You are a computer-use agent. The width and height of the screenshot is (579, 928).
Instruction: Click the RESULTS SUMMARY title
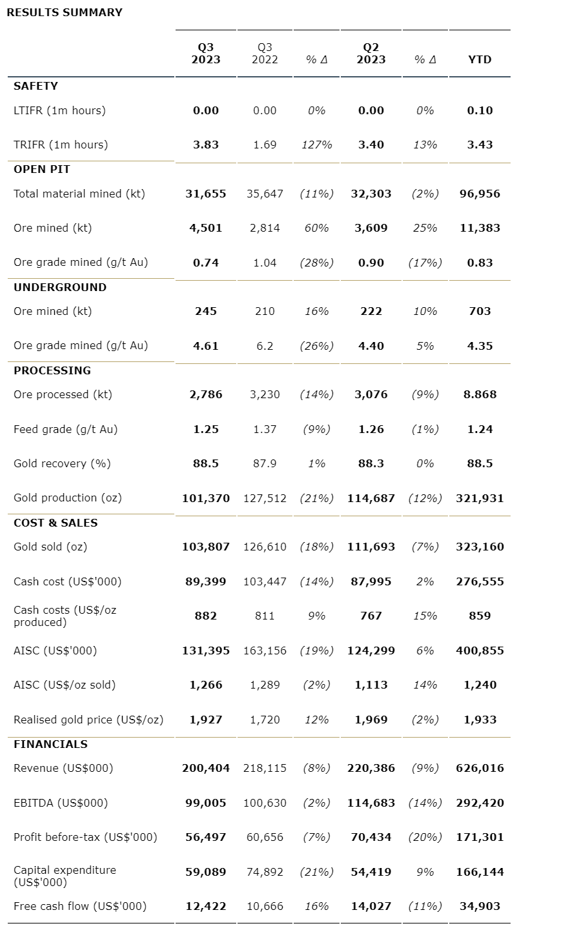pos(64,12)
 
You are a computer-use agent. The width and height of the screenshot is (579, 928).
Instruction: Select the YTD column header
pos(480,59)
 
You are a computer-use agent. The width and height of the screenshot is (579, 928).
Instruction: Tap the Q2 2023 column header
pos(371,54)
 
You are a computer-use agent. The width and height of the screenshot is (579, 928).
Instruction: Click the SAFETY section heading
pos(36,86)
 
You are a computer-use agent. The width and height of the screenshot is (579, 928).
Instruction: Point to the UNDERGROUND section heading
pos(60,287)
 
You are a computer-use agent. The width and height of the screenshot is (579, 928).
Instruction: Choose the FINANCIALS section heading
pos(50,744)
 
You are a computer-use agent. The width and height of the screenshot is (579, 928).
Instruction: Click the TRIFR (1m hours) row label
pos(61,145)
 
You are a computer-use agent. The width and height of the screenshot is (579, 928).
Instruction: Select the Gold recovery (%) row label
pos(62,463)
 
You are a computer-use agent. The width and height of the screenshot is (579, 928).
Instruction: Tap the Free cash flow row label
pos(80,906)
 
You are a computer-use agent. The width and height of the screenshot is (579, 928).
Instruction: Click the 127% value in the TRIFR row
pos(316,145)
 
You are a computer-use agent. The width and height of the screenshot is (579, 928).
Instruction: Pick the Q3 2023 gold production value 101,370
pos(206,498)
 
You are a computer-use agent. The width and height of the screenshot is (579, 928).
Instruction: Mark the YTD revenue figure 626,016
pos(480,768)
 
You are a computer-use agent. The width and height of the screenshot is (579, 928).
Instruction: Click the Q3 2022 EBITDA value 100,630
pos(265,803)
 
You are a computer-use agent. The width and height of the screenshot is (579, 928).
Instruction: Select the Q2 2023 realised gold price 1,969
pos(371,720)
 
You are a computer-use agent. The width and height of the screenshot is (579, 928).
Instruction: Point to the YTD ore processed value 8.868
pos(480,394)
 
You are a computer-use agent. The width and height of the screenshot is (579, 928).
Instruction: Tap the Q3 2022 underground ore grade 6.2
pos(265,346)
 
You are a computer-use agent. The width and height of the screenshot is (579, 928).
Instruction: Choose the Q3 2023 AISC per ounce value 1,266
pos(206,685)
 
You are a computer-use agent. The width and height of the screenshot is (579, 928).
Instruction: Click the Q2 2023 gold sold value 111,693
pos(371,547)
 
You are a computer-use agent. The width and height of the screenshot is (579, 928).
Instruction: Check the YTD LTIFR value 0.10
pos(480,110)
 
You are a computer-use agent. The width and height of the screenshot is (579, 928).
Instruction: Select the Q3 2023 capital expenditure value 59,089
pos(206,872)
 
